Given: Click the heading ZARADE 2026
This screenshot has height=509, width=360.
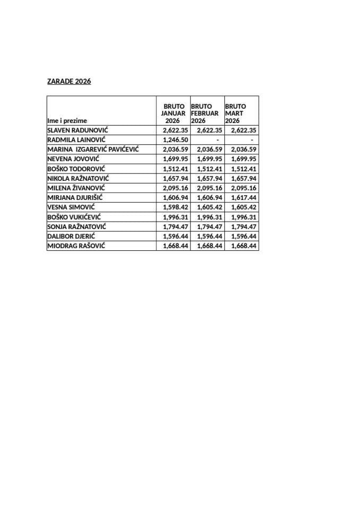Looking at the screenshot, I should tap(69, 82).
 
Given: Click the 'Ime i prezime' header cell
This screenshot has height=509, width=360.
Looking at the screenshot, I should tap(67, 121).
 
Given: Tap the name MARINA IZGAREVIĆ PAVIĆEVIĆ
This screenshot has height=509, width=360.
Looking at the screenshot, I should tap(93, 150).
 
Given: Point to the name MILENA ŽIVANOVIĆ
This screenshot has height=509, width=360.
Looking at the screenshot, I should tap(76, 188).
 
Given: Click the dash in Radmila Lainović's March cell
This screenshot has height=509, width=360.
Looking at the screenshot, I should tap(252, 139).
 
